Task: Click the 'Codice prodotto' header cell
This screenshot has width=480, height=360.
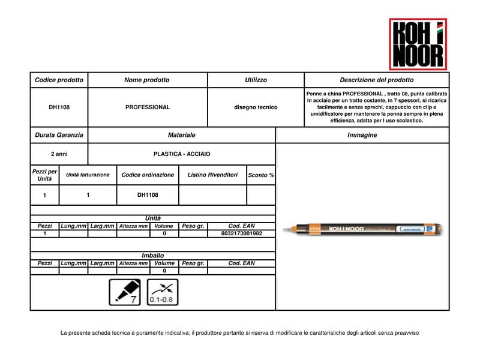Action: tap(59, 80)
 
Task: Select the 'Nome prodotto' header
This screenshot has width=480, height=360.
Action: tap(146, 80)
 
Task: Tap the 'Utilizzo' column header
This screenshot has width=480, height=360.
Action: tap(256, 80)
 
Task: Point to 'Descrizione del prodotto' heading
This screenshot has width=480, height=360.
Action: tap(376, 80)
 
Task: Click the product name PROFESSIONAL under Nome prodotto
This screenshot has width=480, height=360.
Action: tap(148, 107)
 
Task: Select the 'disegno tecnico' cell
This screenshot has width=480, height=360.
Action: tap(256, 107)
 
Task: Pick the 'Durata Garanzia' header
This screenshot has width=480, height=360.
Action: tap(59, 135)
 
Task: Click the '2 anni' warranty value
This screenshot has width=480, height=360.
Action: tap(59, 154)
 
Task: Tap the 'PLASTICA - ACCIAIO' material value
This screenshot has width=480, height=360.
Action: tap(182, 154)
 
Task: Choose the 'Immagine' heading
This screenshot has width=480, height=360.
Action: tap(362, 135)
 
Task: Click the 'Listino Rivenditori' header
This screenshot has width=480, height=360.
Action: tap(212, 175)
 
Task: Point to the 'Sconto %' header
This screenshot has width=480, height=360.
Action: tap(261, 175)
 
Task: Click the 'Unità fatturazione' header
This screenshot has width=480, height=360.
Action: tap(88, 175)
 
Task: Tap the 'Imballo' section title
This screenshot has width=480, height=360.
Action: tap(152, 255)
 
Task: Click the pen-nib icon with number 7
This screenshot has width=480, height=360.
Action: tap(124, 292)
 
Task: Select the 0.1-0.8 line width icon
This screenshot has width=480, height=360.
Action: tap(163, 292)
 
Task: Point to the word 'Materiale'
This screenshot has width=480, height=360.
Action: tap(181, 135)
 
